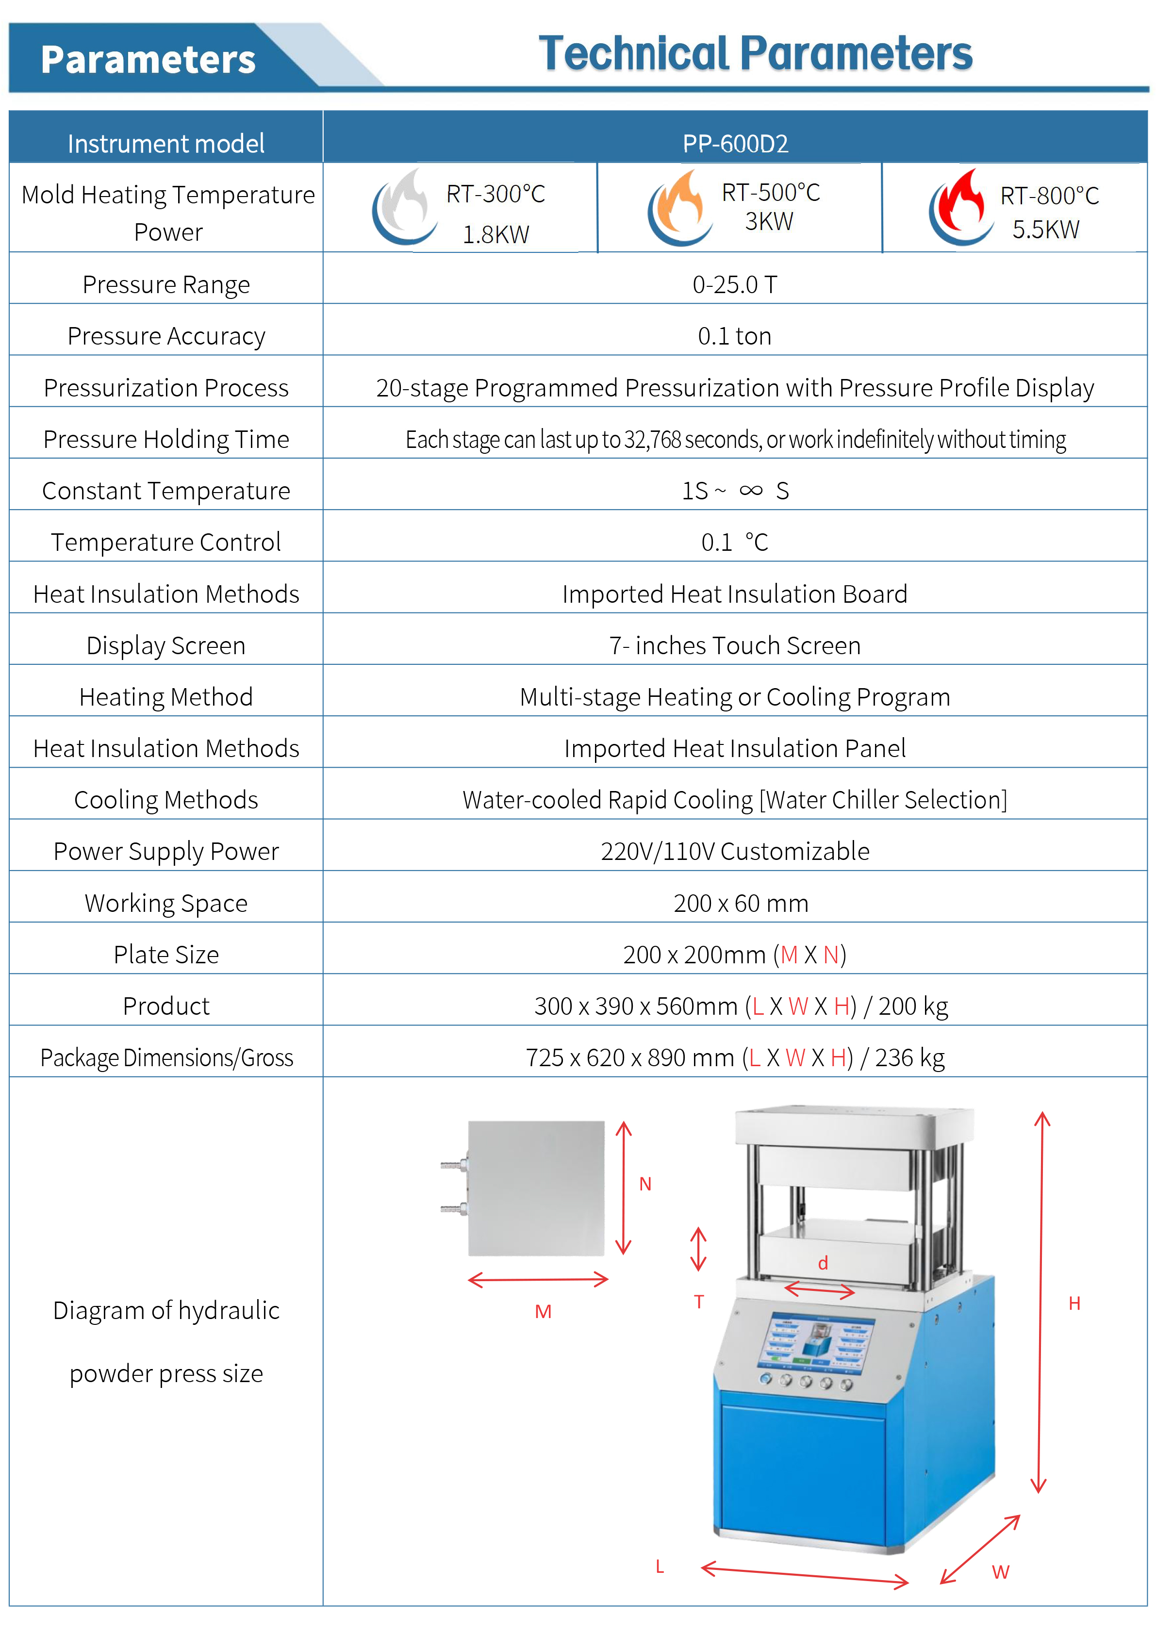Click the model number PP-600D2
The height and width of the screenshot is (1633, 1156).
click(735, 144)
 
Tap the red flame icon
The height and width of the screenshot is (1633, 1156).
click(960, 207)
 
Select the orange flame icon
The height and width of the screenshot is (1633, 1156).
click(680, 207)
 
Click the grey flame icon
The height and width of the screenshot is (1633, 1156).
click(404, 207)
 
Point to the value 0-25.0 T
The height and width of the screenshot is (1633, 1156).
click(735, 285)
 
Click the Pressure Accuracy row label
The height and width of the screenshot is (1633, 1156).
click(166, 336)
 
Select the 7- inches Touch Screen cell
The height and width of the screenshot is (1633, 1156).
click(735, 645)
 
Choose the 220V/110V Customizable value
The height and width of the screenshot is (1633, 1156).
click(735, 851)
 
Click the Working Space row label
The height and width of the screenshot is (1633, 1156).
click(166, 903)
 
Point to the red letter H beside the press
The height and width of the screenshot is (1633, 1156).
click(1074, 1303)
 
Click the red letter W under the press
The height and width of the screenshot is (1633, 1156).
click(1000, 1572)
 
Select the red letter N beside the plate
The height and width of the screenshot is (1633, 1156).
click(645, 1184)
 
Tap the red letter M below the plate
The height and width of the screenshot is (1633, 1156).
click(543, 1312)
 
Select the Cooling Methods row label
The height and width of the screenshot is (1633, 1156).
click(166, 800)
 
